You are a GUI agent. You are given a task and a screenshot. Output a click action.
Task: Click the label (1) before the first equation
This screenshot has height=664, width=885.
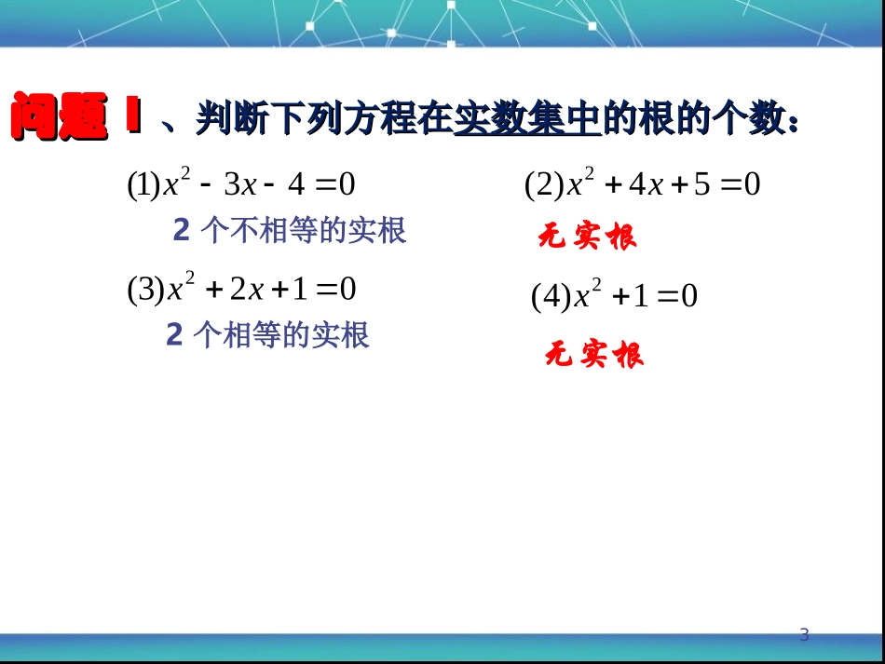[144, 185]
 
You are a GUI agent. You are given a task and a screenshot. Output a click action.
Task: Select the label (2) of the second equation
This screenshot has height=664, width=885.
[543, 185]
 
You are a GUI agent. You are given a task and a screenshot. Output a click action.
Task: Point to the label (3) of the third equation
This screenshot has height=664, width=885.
[145, 290]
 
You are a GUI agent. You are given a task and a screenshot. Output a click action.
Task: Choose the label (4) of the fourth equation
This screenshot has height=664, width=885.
[550, 297]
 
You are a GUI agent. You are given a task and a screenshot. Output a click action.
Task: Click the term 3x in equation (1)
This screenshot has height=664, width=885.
[239, 185]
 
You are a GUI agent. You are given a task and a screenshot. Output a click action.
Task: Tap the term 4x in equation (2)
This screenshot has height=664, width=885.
[645, 185]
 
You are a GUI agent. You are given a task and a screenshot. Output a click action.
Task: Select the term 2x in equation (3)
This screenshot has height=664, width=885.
[246, 290]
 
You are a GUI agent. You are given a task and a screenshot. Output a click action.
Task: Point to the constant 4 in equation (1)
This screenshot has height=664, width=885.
[296, 185]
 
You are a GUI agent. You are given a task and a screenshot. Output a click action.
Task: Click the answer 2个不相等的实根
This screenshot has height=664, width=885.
[290, 230]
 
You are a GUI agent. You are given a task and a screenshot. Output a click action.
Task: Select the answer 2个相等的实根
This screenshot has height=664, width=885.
[267, 334]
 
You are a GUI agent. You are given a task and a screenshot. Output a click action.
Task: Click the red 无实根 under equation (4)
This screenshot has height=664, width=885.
[593, 355]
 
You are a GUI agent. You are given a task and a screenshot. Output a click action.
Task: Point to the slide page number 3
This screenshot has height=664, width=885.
[805, 635]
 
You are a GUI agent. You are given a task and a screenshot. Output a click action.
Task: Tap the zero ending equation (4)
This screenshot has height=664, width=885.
[689, 297]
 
